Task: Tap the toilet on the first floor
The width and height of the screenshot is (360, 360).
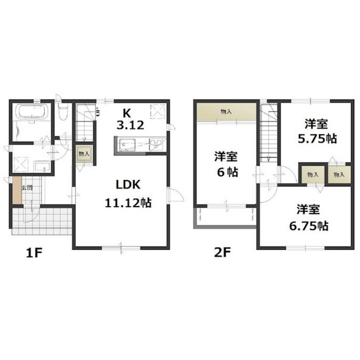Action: pyautogui.click(x=63, y=111)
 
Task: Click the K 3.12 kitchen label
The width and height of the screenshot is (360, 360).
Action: pyautogui.click(x=130, y=119)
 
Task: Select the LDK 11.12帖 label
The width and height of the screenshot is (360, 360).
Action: pyautogui.click(x=128, y=194)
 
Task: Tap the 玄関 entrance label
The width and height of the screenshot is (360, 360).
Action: pyautogui.click(x=27, y=188)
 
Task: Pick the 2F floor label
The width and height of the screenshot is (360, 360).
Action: pyautogui.click(x=222, y=253)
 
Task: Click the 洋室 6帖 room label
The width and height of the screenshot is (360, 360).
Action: pyautogui.click(x=227, y=164)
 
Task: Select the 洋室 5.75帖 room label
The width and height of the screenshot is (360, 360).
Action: pyautogui.click(x=317, y=131)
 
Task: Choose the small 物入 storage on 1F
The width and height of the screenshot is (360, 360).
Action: pyautogui.click(x=84, y=154)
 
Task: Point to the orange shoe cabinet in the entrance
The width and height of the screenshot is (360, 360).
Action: pyautogui.click(x=17, y=190)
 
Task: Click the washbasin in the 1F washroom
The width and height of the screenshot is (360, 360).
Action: pyautogui.click(x=42, y=166)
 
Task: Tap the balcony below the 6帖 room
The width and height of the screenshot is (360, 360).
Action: pyautogui.click(x=226, y=217)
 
